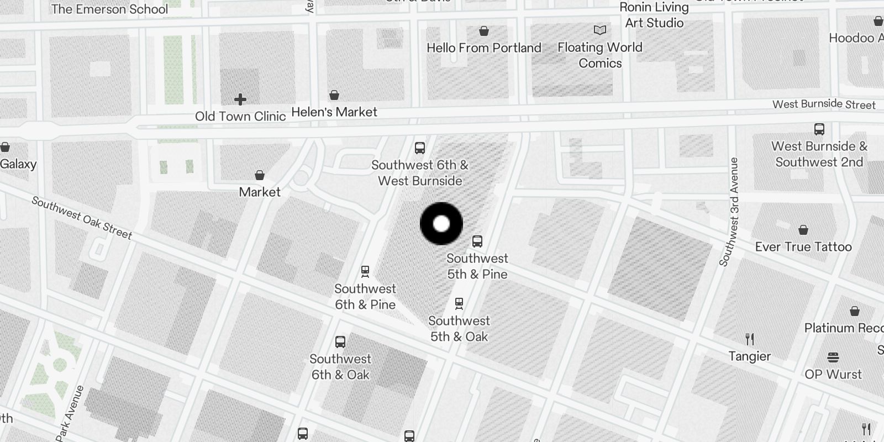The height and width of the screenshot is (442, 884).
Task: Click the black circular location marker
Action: (441, 224)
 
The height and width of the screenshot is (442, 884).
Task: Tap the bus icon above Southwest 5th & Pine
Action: (477, 241)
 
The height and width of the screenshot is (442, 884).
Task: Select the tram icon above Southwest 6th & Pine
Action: (365, 271)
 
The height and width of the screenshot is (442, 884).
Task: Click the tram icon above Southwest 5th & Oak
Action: (459, 303)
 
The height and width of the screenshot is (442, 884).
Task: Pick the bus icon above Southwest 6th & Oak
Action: (340, 342)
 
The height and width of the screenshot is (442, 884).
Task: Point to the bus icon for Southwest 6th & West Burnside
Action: (420, 148)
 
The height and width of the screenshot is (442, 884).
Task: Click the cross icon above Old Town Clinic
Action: (240, 99)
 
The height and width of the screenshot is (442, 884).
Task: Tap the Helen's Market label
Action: (334, 112)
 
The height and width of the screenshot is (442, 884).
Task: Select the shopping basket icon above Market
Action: (260, 175)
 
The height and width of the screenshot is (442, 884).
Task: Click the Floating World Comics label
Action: (600, 55)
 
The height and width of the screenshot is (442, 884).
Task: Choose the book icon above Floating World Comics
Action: (600, 30)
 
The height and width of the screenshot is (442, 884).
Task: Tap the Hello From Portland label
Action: (484, 48)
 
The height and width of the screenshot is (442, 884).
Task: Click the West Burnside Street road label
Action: (824, 104)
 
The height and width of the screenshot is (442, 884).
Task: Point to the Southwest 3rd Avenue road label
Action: (729, 212)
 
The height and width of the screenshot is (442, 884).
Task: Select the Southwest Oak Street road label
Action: (82, 218)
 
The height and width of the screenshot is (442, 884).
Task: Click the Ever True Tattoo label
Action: (803, 247)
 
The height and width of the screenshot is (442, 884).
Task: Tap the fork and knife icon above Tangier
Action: (750, 339)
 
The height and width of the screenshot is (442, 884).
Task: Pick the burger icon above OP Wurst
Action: (833, 357)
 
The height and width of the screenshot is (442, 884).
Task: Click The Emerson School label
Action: (109, 9)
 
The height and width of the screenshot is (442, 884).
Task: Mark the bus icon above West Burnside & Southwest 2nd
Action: (819, 129)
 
